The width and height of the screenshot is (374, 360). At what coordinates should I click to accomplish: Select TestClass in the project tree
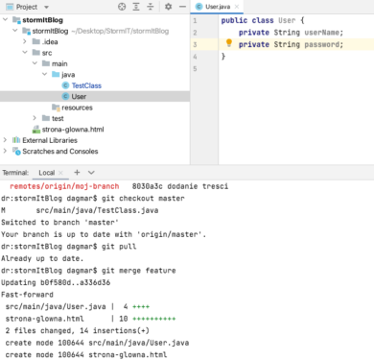coord(85,85)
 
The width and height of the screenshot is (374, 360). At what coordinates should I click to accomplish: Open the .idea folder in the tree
coord(49,42)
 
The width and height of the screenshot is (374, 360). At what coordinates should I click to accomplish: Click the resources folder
coord(77,108)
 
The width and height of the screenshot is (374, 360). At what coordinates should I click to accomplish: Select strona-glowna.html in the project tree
coord(70,129)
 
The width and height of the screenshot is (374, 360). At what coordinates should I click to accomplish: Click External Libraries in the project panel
coord(50,140)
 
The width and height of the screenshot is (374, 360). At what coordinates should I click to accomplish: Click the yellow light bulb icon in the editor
coord(229,43)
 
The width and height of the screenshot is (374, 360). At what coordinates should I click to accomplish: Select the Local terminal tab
coord(46,172)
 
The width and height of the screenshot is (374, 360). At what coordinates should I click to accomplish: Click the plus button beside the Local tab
coord(75,172)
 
